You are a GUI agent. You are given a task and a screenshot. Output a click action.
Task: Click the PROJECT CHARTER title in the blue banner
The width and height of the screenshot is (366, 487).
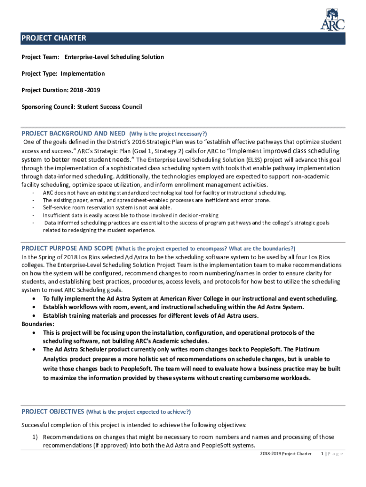[53, 39]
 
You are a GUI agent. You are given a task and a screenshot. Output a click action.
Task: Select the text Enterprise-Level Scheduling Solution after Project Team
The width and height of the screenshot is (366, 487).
[114, 57]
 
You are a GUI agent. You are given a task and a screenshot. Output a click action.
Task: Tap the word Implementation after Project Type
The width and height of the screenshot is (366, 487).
[82, 74]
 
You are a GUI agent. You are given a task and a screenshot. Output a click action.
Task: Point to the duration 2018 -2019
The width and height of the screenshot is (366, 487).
[85, 90]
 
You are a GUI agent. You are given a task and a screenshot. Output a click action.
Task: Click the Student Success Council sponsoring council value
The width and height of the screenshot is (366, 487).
[109, 107]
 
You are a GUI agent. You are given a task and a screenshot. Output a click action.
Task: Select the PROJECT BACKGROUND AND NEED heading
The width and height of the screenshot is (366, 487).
[74, 133]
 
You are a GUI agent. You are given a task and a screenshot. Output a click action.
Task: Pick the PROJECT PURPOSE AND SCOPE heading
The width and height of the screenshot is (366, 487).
[67, 248]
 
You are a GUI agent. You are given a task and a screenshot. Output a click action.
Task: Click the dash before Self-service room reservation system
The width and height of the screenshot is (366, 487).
[33, 208]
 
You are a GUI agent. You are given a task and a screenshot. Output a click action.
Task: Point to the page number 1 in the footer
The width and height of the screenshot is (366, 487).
[323, 454]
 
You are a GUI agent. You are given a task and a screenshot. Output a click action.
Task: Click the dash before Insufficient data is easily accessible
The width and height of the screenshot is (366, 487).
[33, 215]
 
